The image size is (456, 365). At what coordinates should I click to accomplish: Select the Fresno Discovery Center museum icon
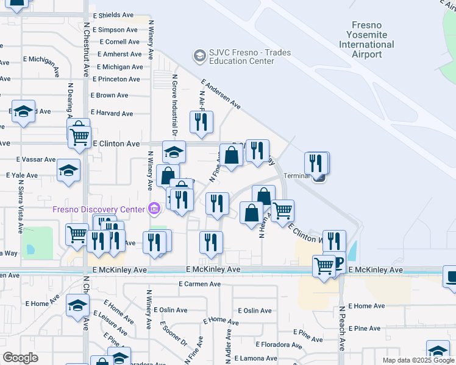154,210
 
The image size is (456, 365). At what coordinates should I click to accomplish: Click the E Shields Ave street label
113,15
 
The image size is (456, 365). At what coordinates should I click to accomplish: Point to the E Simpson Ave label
114,29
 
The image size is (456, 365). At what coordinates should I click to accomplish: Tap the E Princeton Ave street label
116,79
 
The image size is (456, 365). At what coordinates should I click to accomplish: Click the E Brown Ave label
110,96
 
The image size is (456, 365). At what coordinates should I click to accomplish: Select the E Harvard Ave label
112,113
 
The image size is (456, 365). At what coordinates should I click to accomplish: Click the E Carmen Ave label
199,284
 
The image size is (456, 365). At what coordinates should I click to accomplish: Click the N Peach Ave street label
342,327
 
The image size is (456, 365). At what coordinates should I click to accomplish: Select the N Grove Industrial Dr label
174,108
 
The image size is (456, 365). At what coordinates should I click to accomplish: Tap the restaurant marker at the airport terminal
316,164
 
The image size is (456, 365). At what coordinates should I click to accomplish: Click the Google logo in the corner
20,358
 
